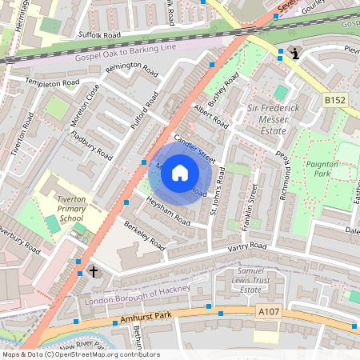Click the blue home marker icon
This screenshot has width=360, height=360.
pyautogui.click(x=180, y=171)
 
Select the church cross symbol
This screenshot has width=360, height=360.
pyautogui.click(x=94, y=272)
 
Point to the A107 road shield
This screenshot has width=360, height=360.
pyautogui.click(x=269, y=311)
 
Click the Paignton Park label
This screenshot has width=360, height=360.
pyautogui.click(x=322, y=169)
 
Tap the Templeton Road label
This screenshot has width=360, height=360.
pyautogui.click(x=52, y=82)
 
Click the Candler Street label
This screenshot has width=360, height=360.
pyautogui.click(x=196, y=145)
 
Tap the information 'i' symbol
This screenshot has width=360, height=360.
pyautogui.click(x=296, y=54)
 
